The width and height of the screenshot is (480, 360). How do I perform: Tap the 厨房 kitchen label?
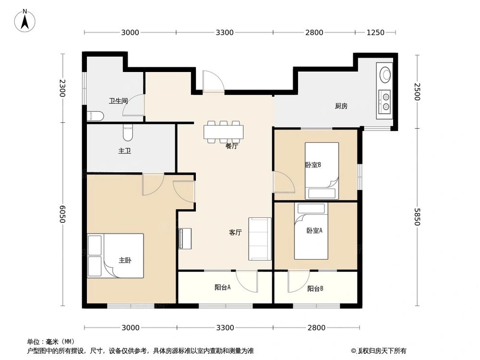coord(341,106)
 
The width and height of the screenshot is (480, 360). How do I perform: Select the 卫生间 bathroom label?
coord(118,101)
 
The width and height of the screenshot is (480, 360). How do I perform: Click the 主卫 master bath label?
coord(125,151)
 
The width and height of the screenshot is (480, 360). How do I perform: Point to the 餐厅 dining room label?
coord(232,146)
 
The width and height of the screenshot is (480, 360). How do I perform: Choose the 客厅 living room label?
coord(235,232)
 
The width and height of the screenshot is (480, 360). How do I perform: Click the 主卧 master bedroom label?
coord(125,260)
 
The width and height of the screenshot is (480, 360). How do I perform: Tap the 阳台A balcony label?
coord(223,288)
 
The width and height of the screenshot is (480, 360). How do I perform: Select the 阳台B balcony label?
coord(315,288)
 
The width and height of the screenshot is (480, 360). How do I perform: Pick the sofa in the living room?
coord(259,239)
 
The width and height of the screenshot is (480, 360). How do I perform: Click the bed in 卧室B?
coord(322,171)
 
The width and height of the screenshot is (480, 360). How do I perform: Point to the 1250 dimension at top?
coord(375,33)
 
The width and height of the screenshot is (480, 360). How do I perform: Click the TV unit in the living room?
coord(185,239)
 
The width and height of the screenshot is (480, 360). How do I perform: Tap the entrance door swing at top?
coord(211,82)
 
